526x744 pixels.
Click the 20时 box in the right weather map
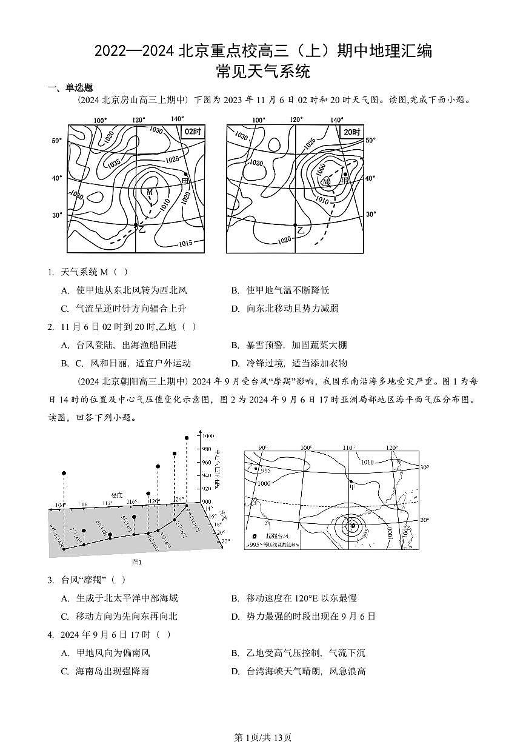tap(351, 132)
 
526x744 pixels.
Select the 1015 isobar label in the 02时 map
tap(186, 243)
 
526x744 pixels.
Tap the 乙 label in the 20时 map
tap(301, 230)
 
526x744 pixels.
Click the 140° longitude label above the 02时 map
tap(177, 119)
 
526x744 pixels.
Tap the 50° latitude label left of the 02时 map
tap(56, 141)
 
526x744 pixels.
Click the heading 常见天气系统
tap(263, 72)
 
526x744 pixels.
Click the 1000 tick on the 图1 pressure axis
tap(208, 436)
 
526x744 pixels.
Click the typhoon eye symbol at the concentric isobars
tap(352, 525)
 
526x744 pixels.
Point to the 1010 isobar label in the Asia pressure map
tap(367, 462)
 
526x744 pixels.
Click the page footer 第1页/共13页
tap(263, 737)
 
